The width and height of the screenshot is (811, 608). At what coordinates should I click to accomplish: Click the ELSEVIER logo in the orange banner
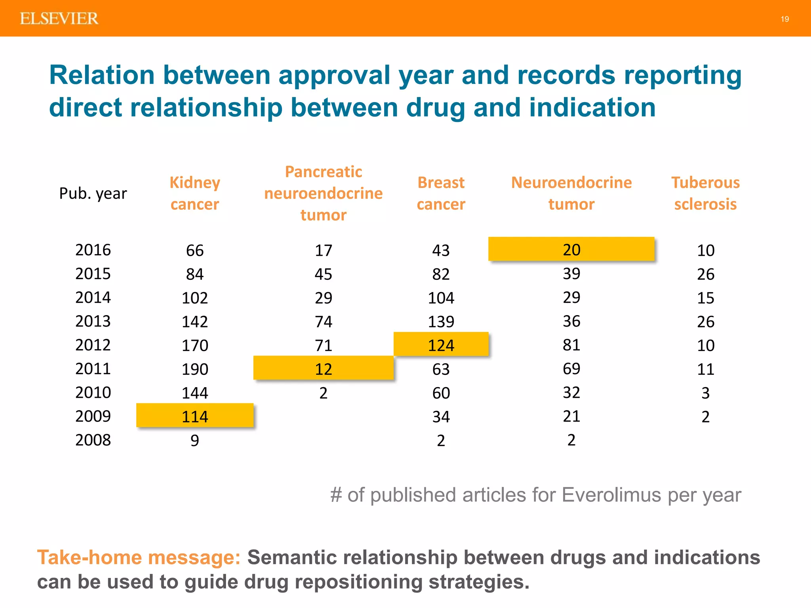coord(59,19)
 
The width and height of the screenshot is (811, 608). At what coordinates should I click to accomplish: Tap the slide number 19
coord(784,19)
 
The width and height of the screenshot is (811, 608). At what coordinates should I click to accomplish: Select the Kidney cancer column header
coord(194,193)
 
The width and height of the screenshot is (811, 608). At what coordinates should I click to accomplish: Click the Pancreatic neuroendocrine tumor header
coord(323,193)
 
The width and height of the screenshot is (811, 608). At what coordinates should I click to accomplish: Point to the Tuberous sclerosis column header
coord(705,193)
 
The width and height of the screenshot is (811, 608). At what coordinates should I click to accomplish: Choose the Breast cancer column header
coord(441,193)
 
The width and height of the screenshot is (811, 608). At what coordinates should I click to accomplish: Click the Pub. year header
coord(93,194)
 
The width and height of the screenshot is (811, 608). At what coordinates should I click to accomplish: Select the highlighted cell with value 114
coord(194,416)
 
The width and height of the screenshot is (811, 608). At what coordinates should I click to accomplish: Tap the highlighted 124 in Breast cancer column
coord(441,345)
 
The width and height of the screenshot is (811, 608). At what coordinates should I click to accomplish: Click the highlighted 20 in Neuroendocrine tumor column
coord(571,249)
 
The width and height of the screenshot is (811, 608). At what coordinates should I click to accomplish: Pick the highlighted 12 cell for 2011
coord(323,369)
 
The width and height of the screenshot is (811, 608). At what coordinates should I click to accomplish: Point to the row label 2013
coord(93,321)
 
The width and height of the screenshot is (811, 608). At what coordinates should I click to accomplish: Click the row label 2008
coord(93,440)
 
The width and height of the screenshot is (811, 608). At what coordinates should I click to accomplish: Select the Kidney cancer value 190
coord(194,369)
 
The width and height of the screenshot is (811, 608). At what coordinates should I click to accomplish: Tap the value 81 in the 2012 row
coord(571,345)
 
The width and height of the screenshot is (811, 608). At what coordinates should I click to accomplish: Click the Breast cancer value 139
coord(441,321)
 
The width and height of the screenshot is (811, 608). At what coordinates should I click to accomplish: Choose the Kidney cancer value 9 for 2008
coord(194,440)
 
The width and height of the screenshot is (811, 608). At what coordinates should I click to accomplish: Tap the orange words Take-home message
coord(139,557)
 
